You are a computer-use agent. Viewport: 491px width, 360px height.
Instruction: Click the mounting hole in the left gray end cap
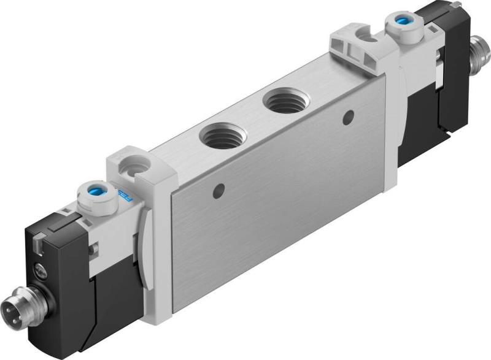coord(132,165)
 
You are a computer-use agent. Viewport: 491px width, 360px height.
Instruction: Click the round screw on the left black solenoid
coord(39,269)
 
